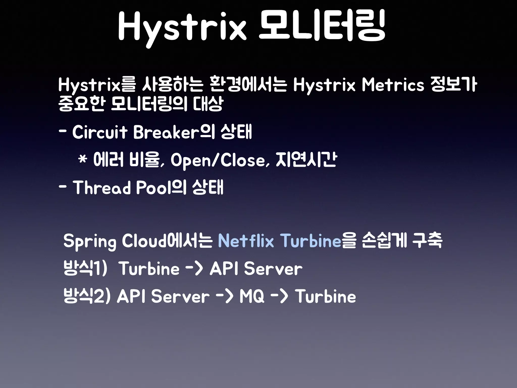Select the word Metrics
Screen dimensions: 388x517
393,85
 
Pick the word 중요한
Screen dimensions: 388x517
81,104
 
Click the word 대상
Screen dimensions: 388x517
208,104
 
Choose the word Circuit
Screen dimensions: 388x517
100,132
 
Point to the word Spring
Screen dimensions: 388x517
90,241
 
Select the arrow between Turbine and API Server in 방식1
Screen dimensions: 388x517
194,268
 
